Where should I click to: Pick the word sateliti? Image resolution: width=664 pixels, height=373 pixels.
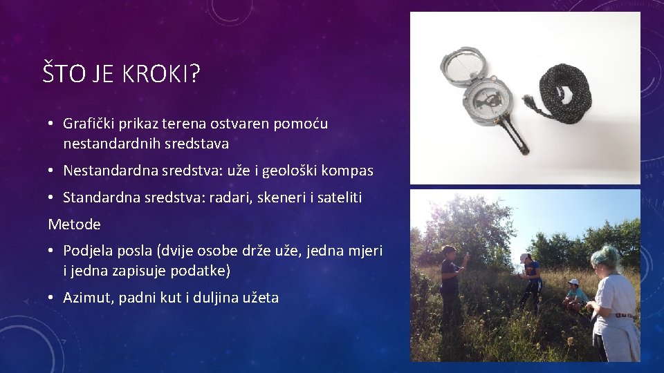(338, 198)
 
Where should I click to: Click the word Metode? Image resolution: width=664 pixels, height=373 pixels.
(74, 224)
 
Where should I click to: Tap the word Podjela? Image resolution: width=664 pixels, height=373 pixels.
(89, 250)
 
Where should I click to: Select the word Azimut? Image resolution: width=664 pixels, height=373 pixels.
(87, 298)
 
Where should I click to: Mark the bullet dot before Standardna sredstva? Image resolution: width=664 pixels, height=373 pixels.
(52, 198)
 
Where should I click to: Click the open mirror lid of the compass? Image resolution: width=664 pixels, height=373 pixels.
(465, 66)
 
